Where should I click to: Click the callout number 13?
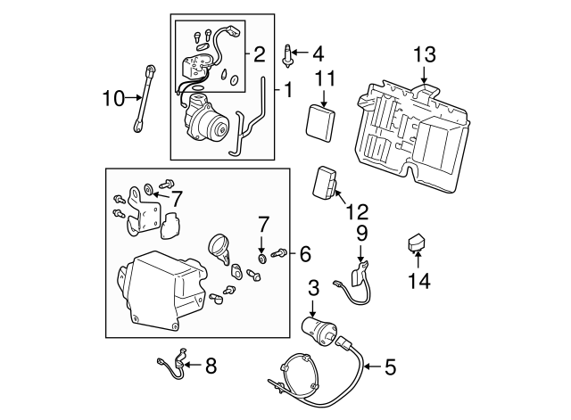pos(425,55)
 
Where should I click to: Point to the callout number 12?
pos(356,213)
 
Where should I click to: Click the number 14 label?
pos(419,282)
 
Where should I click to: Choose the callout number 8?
pos(211,365)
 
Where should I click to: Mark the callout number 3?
pos(313,287)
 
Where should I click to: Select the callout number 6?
pos(304,255)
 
